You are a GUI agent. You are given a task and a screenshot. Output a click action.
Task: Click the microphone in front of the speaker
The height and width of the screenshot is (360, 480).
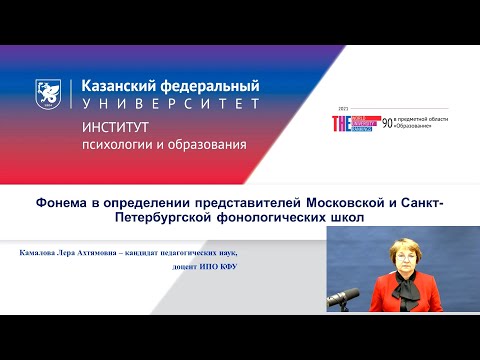pyautogui.click(x=345, y=296)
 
